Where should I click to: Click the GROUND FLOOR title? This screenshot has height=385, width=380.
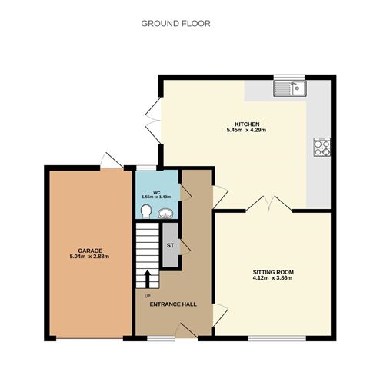[175, 24]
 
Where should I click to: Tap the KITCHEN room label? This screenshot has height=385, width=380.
[247, 124]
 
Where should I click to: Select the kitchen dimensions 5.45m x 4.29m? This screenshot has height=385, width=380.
[246, 130]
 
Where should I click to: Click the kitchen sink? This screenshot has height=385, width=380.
[290, 88]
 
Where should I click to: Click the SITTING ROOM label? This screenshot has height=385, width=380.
[273, 272]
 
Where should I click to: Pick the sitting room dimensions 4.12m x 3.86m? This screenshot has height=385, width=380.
[273, 278]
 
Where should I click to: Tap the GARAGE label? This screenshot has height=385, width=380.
[89, 251]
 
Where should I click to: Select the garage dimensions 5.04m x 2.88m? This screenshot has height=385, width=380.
[89, 257]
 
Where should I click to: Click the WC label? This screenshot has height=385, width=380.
[156, 192]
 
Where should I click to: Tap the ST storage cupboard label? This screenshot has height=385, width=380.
[171, 245]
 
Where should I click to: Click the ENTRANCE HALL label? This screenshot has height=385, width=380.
[173, 304]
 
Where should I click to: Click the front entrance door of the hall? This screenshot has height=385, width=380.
[185, 330]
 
